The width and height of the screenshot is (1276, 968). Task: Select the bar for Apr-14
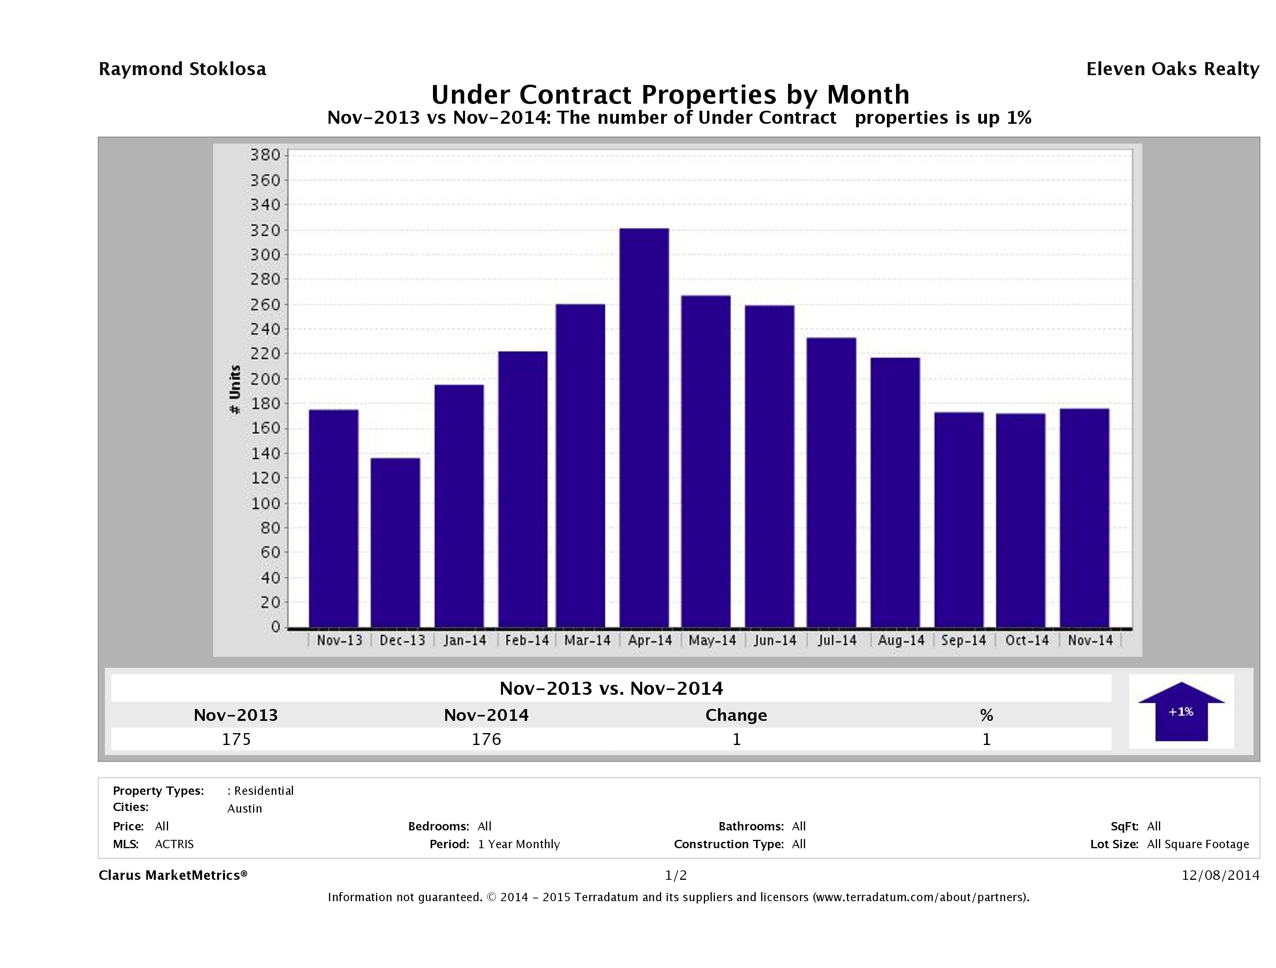645,427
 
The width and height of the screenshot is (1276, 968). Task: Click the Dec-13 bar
395,542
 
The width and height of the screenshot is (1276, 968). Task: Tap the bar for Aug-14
895,492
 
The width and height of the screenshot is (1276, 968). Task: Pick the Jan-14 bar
459,506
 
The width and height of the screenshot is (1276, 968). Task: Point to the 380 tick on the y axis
265,155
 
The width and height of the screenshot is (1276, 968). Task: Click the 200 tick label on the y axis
265,379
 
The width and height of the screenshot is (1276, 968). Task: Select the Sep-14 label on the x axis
963,640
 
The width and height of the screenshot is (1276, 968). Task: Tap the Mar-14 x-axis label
587,640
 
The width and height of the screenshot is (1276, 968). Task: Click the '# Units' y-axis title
235,389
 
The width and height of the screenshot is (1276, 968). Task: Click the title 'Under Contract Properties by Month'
670,94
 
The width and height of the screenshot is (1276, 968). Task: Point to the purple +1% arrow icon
1181,711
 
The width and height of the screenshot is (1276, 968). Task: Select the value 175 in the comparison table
236,739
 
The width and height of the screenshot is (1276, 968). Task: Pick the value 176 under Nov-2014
486,739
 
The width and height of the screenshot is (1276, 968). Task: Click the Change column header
736,715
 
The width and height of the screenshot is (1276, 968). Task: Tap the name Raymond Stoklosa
182,69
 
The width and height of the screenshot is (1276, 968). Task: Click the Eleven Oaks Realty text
1172,69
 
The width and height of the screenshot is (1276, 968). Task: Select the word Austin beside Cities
245,808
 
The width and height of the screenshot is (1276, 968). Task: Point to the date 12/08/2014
1220,875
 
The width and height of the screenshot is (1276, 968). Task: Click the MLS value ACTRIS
174,844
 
